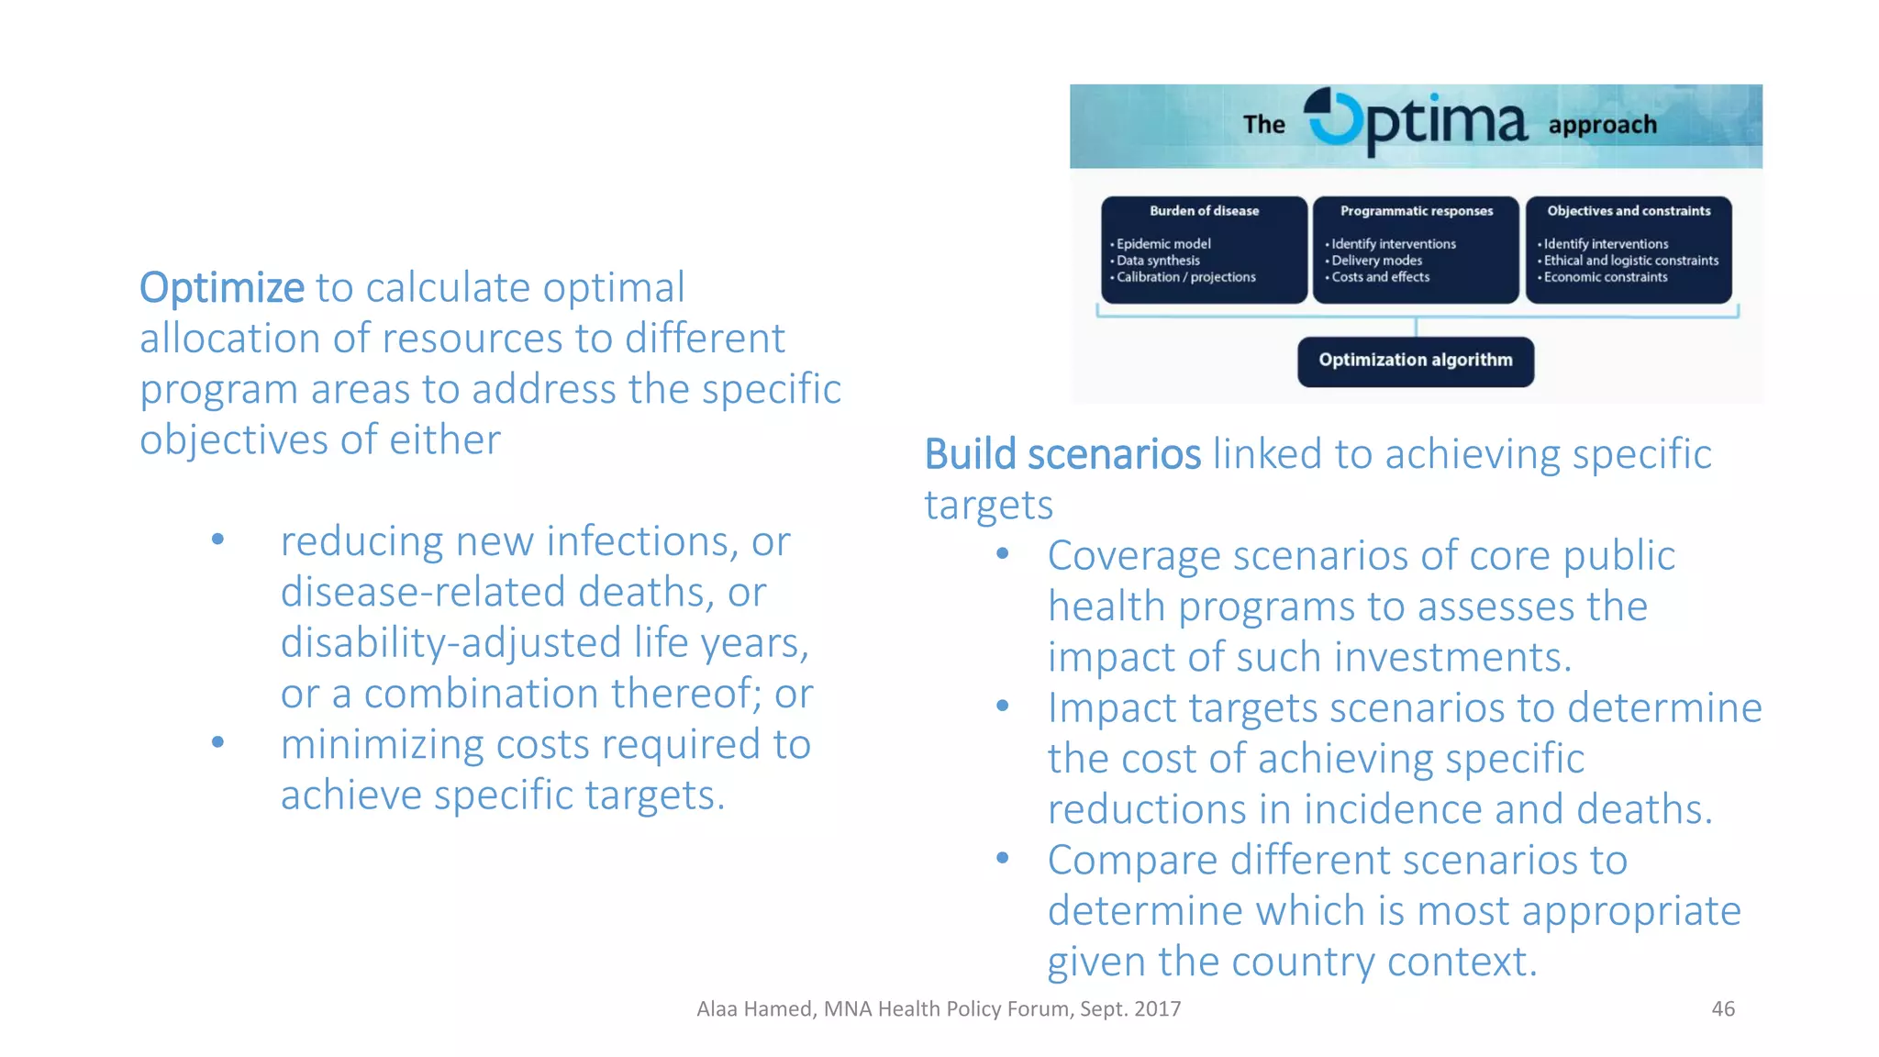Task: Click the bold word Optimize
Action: (221, 288)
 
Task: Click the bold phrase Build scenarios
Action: (1062, 454)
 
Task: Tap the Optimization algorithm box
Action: (1415, 361)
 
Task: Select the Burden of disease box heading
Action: (1204, 211)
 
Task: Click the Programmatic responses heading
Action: (1416, 211)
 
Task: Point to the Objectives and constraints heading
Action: (1629, 211)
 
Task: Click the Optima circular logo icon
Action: (1333, 117)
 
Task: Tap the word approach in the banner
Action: (1602, 125)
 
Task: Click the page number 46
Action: (1722, 1008)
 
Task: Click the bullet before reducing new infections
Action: (217, 540)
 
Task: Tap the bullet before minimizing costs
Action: (217, 742)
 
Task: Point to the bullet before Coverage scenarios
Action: (1002, 553)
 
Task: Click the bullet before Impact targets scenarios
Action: (1002, 706)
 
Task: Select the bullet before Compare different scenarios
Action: (1002, 858)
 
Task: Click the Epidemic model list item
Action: (1162, 244)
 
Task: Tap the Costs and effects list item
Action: (1380, 277)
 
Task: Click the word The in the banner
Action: (1263, 125)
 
